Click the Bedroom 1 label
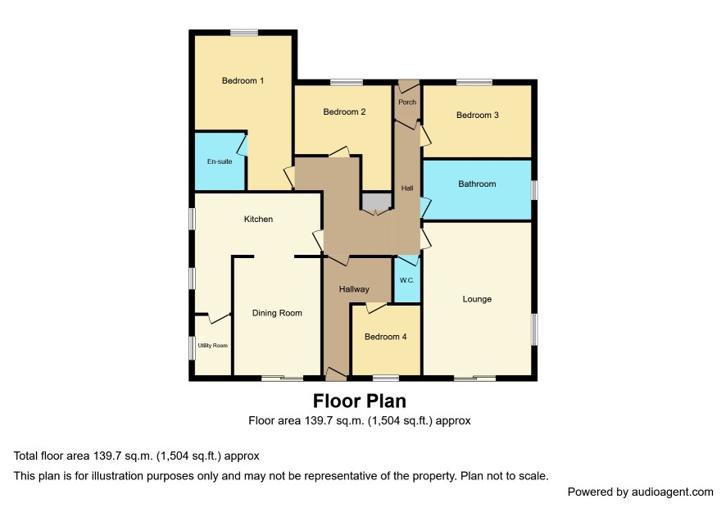pyautogui.click(x=243, y=80)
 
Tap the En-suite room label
pyautogui.click(x=220, y=161)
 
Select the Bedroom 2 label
pyautogui.click(x=344, y=111)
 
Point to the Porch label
pyautogui.click(x=407, y=102)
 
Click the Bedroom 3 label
pyautogui.click(x=478, y=115)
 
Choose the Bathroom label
pyautogui.click(x=477, y=184)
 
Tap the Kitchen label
pyautogui.click(x=258, y=219)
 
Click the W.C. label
pyautogui.click(x=407, y=280)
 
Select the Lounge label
pyautogui.click(x=477, y=299)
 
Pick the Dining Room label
pyautogui.click(x=277, y=313)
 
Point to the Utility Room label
pyautogui.click(x=213, y=346)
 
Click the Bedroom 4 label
pyautogui.click(x=386, y=337)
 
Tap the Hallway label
pyautogui.click(x=354, y=289)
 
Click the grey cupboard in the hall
pyautogui.click(x=377, y=202)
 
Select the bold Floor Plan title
pyautogui.click(x=360, y=401)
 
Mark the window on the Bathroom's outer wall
pyautogui.click(x=534, y=190)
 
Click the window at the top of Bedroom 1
pyautogui.click(x=244, y=33)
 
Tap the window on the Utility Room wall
pyautogui.click(x=192, y=347)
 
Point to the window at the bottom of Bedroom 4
pyautogui.click(x=386, y=379)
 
